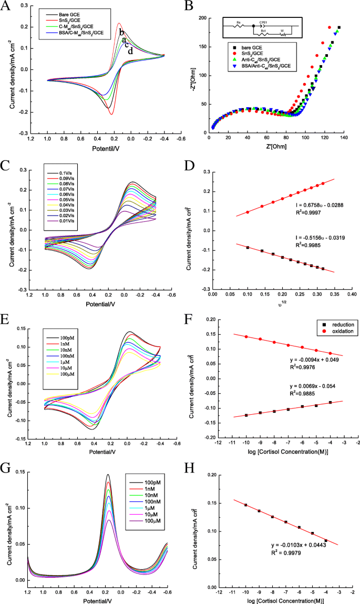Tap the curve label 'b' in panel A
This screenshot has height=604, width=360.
tap(121, 33)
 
